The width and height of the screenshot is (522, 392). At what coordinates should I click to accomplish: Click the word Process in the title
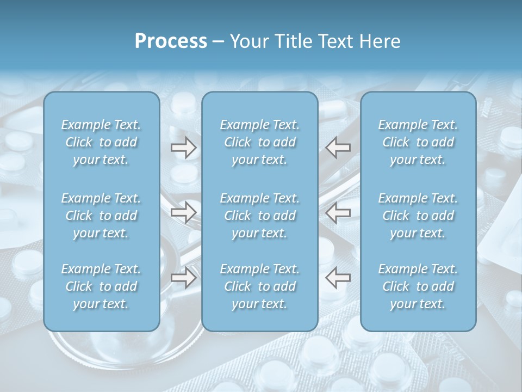click(x=171, y=41)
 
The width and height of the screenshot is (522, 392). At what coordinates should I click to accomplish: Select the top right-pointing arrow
click(x=184, y=147)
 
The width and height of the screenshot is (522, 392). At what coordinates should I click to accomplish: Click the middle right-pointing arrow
click(x=184, y=212)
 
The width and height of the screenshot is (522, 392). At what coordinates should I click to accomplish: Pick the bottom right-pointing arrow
click(x=184, y=277)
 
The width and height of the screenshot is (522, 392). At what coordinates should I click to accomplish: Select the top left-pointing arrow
click(x=338, y=147)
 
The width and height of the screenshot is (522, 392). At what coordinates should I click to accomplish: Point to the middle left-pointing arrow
click(x=338, y=212)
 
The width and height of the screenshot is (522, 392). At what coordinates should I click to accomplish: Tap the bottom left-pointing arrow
click(x=338, y=277)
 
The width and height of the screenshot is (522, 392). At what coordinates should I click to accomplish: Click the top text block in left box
click(x=101, y=142)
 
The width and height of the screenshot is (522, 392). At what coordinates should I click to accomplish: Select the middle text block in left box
click(x=101, y=216)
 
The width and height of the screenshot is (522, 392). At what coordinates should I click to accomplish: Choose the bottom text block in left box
click(x=101, y=286)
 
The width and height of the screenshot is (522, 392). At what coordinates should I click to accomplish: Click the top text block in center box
click(x=260, y=142)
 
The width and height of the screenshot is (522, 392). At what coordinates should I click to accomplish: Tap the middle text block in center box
click(x=260, y=216)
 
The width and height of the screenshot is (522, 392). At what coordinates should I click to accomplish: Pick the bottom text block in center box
click(x=260, y=286)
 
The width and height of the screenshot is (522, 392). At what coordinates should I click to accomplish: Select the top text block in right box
click(x=418, y=142)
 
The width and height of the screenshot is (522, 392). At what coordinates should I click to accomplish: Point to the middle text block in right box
click(x=418, y=216)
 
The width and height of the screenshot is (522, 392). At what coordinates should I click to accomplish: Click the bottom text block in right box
click(x=418, y=286)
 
